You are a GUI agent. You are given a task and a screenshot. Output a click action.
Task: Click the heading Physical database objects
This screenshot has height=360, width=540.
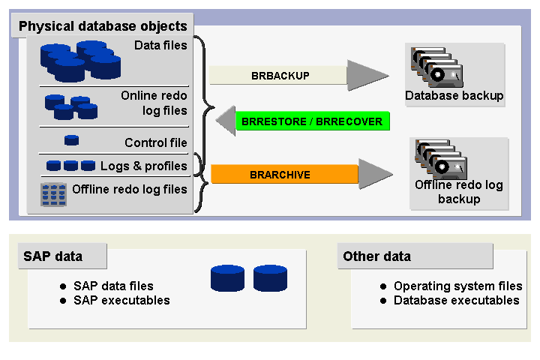(x=103, y=26)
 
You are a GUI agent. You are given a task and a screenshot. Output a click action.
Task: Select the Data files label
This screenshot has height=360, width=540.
(x=160, y=46)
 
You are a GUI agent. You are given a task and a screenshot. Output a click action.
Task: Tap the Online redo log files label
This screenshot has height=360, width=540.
(x=154, y=103)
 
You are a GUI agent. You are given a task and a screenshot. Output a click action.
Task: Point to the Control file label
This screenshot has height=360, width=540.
(x=156, y=142)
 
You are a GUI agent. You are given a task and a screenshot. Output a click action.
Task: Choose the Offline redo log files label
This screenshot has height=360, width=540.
(x=130, y=189)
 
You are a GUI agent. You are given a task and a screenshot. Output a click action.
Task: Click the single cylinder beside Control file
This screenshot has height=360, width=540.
(x=72, y=139)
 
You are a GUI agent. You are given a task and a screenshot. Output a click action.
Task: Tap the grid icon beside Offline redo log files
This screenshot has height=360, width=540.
(x=53, y=193)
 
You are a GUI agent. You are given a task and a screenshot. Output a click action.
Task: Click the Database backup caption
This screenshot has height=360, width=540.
(x=454, y=96)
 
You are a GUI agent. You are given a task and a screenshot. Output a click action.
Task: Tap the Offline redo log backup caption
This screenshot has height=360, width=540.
(x=459, y=192)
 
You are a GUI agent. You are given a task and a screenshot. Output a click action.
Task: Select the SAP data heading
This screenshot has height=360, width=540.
(x=52, y=256)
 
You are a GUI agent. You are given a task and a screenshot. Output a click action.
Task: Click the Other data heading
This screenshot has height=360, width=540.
(x=376, y=256)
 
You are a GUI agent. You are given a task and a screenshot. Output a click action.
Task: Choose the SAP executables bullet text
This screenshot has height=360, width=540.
(x=121, y=300)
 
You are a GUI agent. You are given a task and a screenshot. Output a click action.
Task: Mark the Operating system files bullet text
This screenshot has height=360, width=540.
(x=457, y=286)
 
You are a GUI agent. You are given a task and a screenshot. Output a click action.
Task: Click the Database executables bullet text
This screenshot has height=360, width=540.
(x=456, y=300)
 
